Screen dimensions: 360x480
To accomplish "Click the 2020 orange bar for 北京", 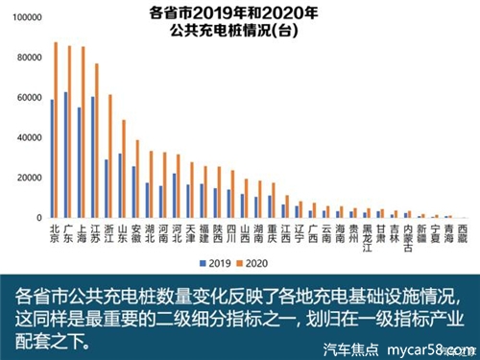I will [x=56, y=131].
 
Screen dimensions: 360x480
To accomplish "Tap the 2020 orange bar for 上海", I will [x=83, y=133].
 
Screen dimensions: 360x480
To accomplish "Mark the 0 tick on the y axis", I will [x=38, y=219].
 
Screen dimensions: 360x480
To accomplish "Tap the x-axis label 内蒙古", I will [x=408, y=239].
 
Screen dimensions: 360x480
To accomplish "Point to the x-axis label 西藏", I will [x=463, y=234].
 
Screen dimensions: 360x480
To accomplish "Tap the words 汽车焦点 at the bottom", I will [x=349, y=348].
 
